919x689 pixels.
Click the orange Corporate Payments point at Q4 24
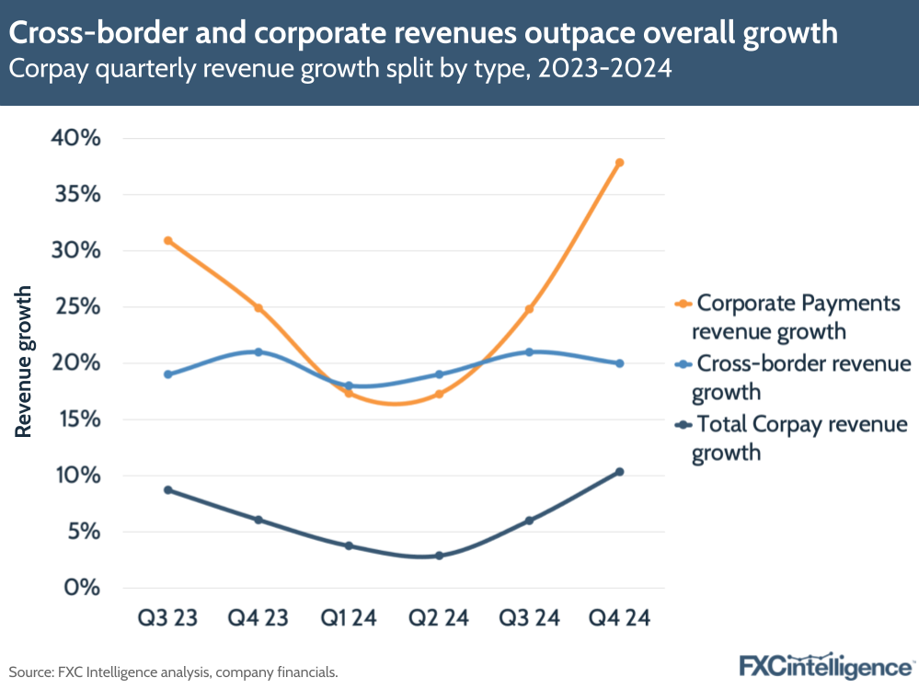(x=619, y=163)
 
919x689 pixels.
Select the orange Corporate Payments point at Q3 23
(x=167, y=241)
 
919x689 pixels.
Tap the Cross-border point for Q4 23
(x=258, y=352)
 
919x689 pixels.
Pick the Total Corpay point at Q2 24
(x=439, y=556)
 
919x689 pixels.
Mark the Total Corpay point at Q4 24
(x=619, y=472)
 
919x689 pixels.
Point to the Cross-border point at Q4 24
(x=619, y=363)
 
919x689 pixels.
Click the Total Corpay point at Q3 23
(x=167, y=490)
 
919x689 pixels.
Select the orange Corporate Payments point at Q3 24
(x=529, y=309)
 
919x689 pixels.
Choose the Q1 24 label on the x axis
(x=348, y=618)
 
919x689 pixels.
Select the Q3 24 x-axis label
(x=529, y=618)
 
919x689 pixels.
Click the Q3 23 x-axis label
(x=167, y=618)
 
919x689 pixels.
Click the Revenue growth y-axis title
(x=23, y=362)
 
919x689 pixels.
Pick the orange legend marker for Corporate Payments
(x=683, y=303)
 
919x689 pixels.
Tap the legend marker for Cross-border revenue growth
(x=683, y=364)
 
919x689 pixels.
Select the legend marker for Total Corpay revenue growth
(x=683, y=425)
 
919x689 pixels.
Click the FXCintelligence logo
(x=825, y=665)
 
